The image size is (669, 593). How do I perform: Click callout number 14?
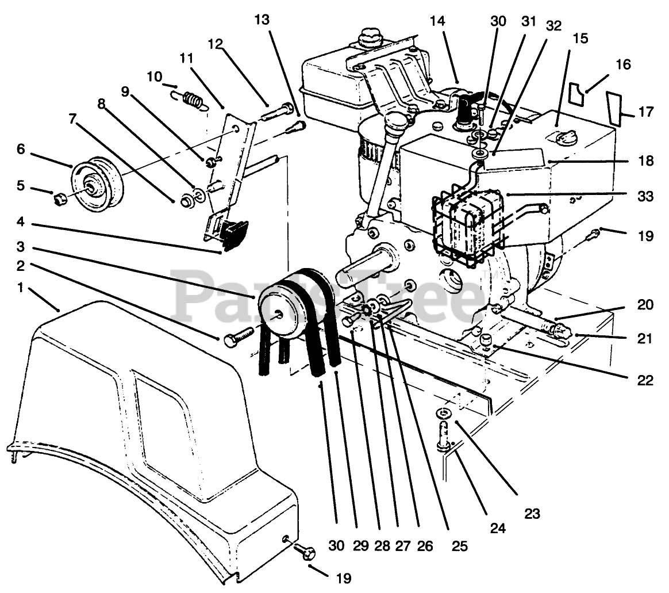tap(437, 22)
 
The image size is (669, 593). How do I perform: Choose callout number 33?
tap(645, 196)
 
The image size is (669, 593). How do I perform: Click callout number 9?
tap(126, 91)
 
